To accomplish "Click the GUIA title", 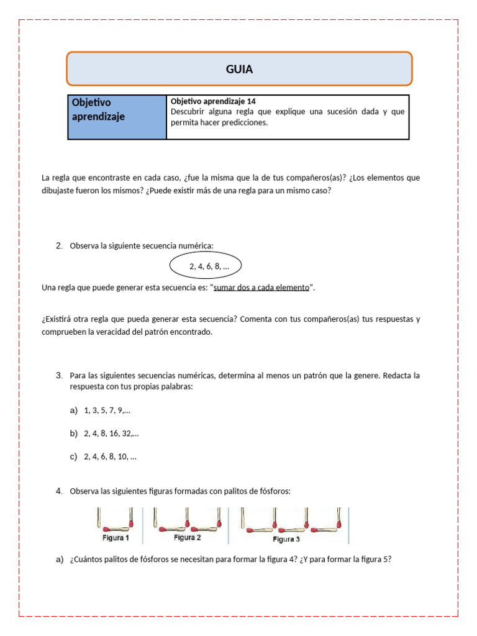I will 239,69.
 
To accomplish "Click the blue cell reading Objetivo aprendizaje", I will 117,116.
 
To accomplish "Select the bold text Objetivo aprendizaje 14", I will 212,101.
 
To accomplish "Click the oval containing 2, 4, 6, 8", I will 206,266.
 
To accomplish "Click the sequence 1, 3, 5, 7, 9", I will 107,410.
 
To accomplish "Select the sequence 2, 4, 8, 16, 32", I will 111,433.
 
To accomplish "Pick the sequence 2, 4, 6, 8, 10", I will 110,457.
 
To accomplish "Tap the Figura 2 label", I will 187,537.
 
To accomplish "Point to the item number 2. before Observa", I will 59,246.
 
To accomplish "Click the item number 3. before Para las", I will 59,376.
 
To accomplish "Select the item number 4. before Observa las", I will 59,491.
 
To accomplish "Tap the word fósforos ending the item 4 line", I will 275,491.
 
